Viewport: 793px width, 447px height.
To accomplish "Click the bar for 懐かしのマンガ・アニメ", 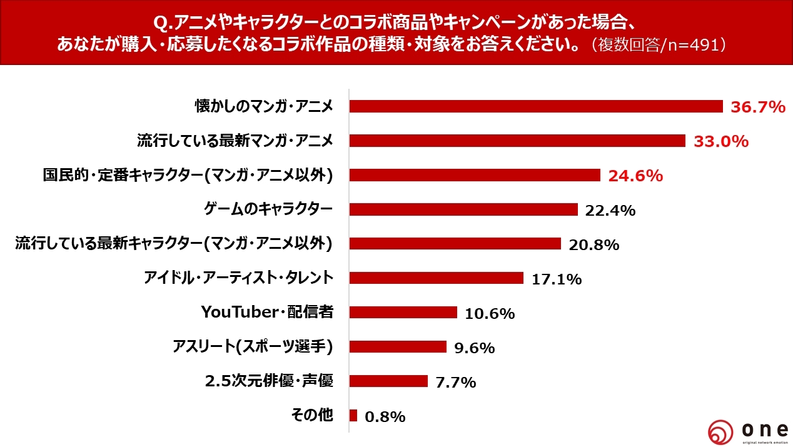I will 535,106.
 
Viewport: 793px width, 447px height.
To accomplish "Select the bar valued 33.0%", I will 517,141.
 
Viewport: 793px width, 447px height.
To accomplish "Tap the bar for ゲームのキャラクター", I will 463,209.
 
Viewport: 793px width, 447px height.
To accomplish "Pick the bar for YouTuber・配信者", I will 403,312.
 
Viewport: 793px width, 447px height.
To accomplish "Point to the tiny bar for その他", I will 353,415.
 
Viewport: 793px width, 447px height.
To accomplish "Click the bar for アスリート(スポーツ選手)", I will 397,346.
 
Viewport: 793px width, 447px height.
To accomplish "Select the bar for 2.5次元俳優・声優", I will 388,381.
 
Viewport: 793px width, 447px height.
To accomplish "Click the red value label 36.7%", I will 757,108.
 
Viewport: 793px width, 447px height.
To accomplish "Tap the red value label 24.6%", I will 635,176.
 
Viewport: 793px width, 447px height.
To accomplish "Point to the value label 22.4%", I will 610,211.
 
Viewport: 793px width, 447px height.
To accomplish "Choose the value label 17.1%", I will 557,279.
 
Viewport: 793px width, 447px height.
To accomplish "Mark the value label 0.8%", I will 385,416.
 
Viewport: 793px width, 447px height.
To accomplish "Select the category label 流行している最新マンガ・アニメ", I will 235,141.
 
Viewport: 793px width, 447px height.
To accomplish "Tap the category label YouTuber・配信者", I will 266,312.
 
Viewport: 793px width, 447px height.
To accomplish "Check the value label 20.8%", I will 593,245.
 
